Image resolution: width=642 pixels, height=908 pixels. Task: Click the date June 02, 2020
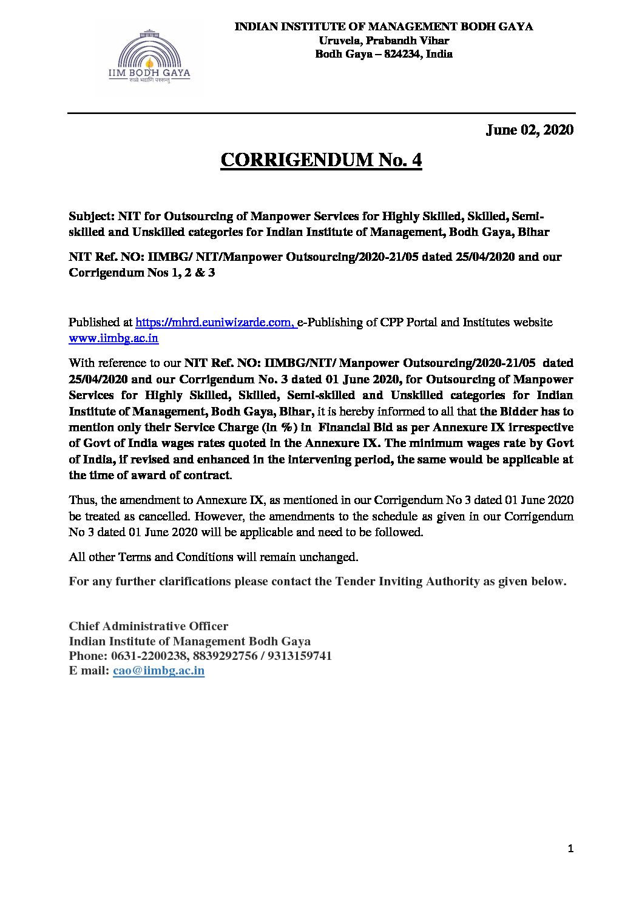tap(529, 130)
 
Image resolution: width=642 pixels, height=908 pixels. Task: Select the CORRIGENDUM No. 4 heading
tap(321, 160)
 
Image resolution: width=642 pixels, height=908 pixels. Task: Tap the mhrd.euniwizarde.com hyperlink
tap(215, 322)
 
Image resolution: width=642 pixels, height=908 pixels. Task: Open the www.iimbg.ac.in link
tap(113, 338)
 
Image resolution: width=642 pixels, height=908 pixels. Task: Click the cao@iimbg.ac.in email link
tap(158, 671)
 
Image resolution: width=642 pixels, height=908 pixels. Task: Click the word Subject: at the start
tap(92, 216)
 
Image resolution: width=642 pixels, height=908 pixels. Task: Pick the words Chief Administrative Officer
tap(149, 627)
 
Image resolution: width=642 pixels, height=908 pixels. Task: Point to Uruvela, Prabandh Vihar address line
tap(384, 41)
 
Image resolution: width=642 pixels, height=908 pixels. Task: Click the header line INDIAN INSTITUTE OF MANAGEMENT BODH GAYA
tap(384, 27)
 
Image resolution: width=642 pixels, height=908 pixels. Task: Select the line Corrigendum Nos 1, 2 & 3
tap(142, 273)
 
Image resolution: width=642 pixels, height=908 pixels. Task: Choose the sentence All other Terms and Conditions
tap(213, 557)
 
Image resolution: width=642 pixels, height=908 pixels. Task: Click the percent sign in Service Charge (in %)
tap(285, 428)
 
